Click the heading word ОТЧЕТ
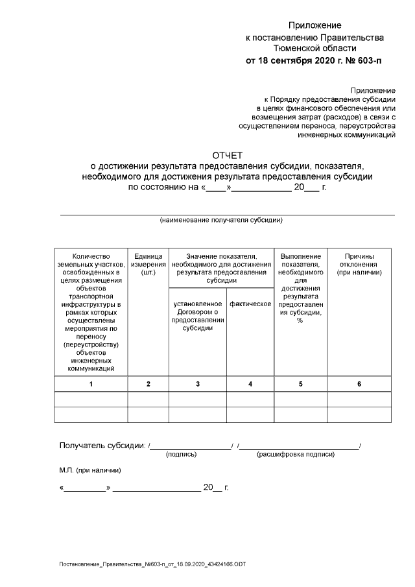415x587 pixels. (227, 155)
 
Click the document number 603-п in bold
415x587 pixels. (368, 62)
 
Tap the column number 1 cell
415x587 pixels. (91, 384)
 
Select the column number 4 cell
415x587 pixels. (250, 384)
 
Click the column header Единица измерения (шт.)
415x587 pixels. (148, 265)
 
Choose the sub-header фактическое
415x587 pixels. (250, 304)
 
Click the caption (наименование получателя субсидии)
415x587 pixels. (221, 220)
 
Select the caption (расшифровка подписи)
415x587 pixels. (296, 455)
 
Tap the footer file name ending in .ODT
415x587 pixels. (153, 565)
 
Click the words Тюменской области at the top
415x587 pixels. (314, 48)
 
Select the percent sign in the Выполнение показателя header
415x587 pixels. (300, 320)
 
